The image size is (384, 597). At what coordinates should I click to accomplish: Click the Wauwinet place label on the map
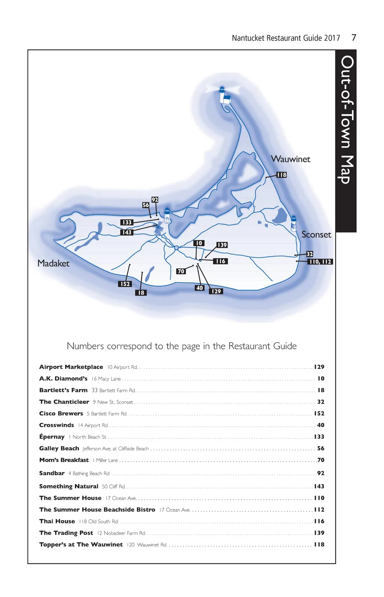coord(291,159)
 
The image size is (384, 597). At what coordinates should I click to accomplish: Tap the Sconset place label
coord(316,235)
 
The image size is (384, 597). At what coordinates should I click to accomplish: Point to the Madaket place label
coord(53,263)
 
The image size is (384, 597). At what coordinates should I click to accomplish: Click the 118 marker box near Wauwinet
coord(282,175)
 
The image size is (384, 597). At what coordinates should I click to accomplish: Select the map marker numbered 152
coord(125,284)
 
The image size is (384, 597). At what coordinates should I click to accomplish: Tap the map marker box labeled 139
coord(222,245)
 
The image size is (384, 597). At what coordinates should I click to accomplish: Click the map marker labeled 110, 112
coord(320,262)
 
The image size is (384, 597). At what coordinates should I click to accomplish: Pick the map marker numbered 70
coord(181,271)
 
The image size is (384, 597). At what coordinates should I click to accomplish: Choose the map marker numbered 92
coord(155,200)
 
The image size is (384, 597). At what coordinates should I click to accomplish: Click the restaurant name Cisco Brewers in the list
coord(61,414)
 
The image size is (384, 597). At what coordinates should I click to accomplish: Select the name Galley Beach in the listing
coord(59,448)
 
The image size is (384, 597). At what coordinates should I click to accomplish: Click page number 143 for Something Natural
coord(319,486)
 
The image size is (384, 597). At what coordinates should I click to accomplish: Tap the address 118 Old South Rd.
coord(99,522)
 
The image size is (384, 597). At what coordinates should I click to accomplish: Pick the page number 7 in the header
coord(354,38)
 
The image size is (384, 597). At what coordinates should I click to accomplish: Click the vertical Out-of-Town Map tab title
coord(346,120)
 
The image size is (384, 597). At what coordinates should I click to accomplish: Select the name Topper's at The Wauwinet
coord(81,544)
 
